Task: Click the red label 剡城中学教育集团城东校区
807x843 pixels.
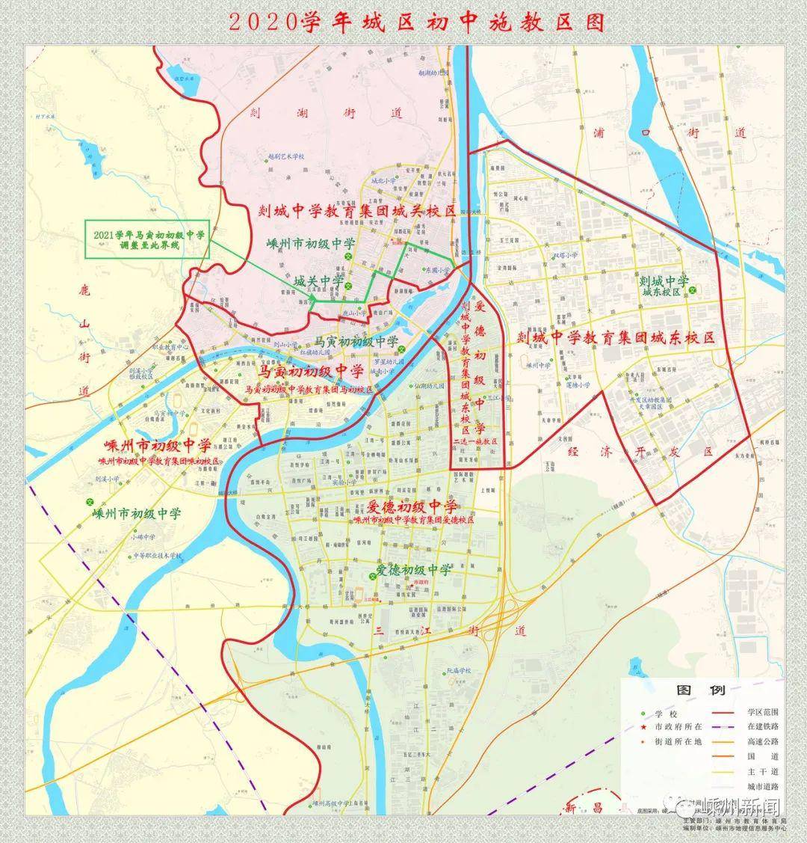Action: pyautogui.click(x=616, y=338)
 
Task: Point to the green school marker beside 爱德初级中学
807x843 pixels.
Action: pyautogui.click(x=372, y=575)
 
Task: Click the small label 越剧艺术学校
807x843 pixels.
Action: pyautogui.click(x=287, y=156)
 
